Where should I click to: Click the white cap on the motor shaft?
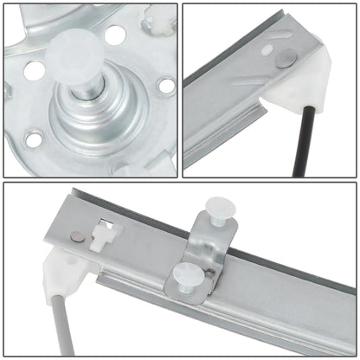tap(75, 53)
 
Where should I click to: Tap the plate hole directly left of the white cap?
tap(34, 70)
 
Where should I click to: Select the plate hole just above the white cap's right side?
tap(113, 35)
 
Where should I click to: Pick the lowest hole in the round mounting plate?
tap(34, 138)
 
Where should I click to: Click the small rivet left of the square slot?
tap(78, 236)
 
